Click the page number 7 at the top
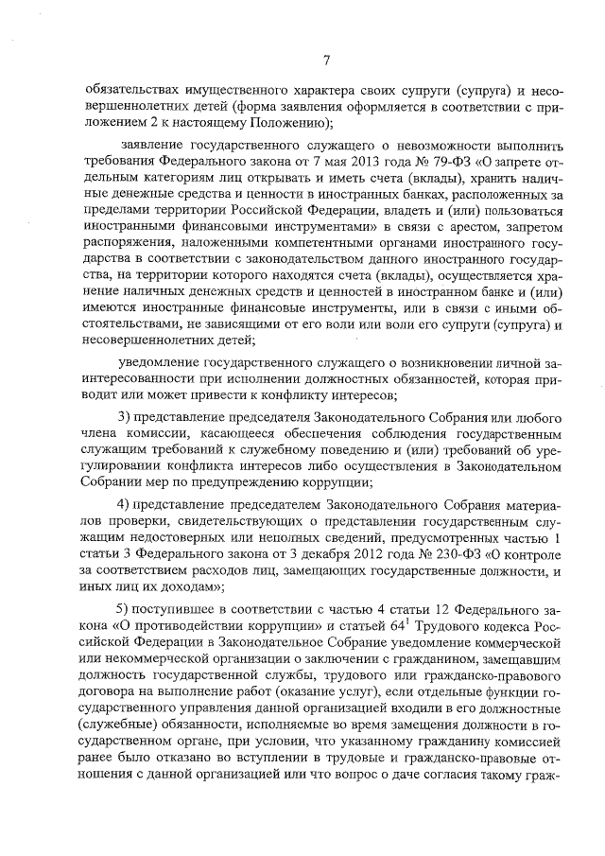coord(325,61)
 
